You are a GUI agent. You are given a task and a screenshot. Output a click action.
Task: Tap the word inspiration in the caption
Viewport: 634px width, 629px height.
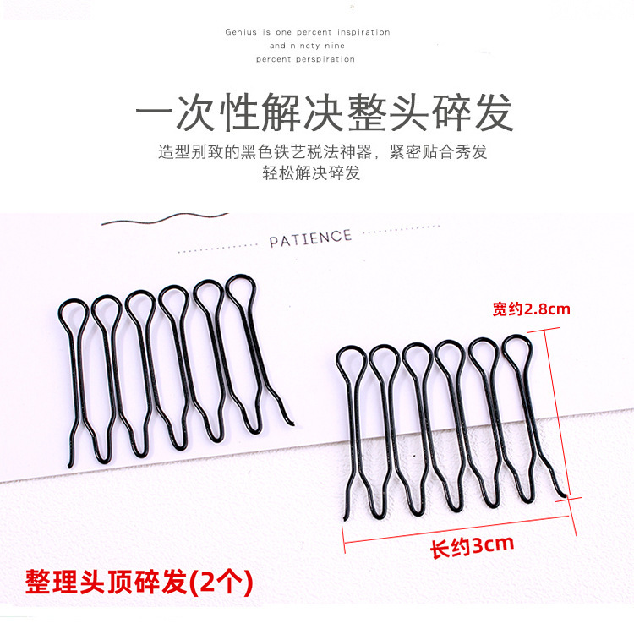[363, 32]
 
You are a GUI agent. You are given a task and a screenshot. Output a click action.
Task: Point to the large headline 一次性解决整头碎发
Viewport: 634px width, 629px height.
[325, 112]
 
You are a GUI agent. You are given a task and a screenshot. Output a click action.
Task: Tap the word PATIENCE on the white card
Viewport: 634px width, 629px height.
[310, 238]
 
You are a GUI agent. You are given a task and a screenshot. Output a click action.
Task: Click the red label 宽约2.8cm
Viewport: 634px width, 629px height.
[531, 309]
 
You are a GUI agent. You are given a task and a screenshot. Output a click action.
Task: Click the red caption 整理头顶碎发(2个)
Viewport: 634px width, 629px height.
[139, 583]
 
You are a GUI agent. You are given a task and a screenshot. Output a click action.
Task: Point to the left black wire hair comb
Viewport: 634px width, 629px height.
[178, 364]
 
